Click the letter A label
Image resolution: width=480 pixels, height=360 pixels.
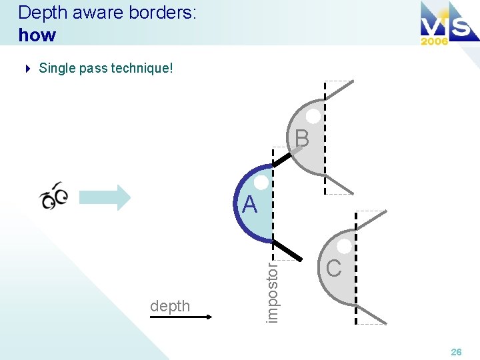[x=250, y=205]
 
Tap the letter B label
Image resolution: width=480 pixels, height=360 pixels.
[x=302, y=138]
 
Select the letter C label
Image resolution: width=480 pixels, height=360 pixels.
[x=334, y=268]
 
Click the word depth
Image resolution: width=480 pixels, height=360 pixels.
[x=170, y=306]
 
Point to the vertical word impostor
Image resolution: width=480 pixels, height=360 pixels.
[x=272, y=291]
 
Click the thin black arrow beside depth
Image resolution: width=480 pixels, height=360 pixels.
[x=180, y=318]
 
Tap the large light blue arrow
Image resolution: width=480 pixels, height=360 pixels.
[x=105, y=197]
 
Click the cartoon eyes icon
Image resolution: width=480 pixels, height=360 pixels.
[x=54, y=195]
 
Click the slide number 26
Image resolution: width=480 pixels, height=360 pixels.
[x=456, y=351]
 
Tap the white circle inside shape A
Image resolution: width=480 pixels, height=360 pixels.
[x=262, y=183]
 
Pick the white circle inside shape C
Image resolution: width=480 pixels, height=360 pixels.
[x=345, y=246]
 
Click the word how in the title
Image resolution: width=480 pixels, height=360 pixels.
[x=37, y=35]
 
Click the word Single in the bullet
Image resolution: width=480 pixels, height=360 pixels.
[x=57, y=68]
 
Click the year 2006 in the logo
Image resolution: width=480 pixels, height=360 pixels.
[x=434, y=40]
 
